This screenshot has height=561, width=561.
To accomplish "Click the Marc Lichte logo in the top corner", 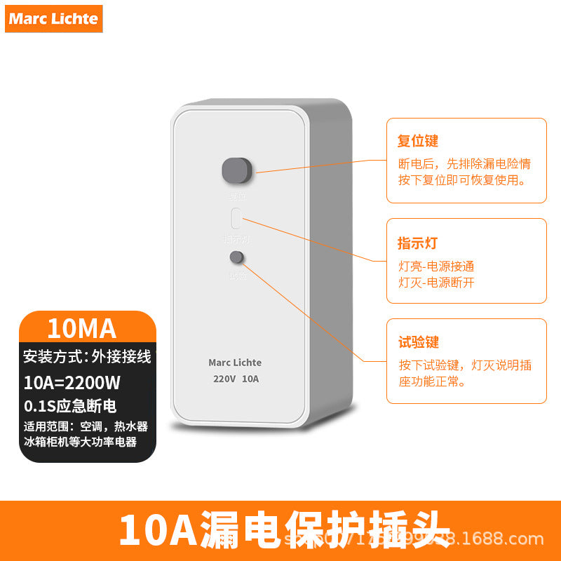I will click(x=53, y=19).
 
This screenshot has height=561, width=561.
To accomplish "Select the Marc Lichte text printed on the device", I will click(x=235, y=363).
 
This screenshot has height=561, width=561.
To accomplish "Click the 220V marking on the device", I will click(x=224, y=379).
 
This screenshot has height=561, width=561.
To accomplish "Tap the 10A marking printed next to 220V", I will click(x=250, y=379).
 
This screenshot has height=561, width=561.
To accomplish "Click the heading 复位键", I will click(x=418, y=141).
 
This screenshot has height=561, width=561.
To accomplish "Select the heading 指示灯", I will click(x=418, y=243).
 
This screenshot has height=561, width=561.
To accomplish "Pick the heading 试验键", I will click(x=418, y=342).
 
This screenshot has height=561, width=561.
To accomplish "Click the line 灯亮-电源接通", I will click(x=436, y=266).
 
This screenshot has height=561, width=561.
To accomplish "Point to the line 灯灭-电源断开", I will click(x=436, y=283).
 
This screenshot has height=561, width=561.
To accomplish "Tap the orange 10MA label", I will click(x=81, y=327).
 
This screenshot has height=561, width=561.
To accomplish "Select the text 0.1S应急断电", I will click(x=69, y=406).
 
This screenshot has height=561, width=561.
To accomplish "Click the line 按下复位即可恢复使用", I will click(x=461, y=180).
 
